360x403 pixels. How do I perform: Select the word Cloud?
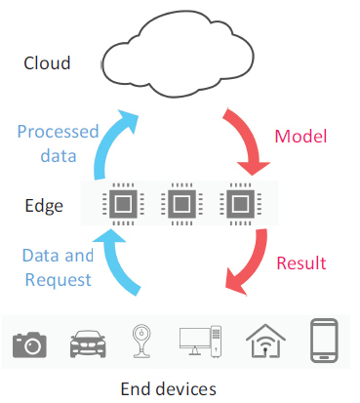48,63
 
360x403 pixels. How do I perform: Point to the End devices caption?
168,388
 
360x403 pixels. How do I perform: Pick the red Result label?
300,263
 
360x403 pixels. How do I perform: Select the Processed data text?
59,142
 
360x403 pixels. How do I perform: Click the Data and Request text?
58,266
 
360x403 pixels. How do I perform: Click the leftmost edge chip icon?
123,205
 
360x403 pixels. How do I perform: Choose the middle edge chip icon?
180,205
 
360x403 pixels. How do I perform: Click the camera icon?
30,343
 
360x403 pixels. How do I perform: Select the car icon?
88,343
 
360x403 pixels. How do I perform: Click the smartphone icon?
324,340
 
